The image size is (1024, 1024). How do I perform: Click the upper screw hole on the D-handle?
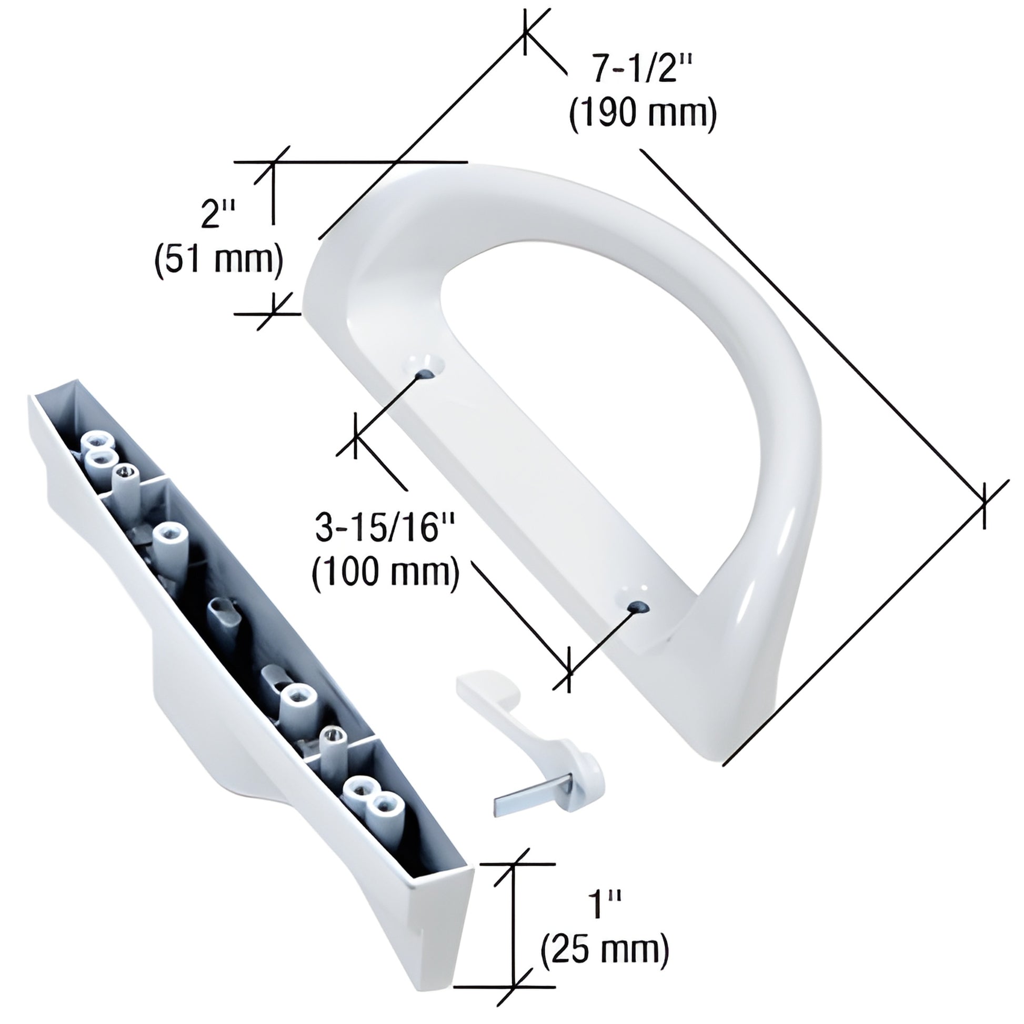click(426, 373)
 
